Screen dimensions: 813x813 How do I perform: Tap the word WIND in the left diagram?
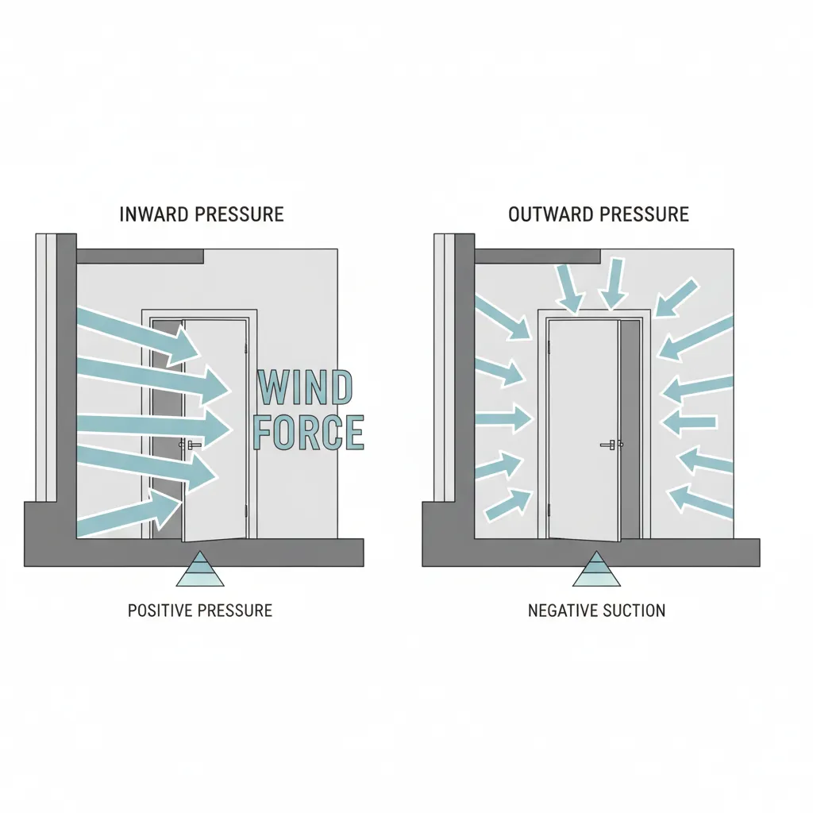[304, 389]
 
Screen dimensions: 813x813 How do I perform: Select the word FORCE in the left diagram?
[308, 433]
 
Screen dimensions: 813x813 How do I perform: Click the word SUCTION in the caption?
[636, 611]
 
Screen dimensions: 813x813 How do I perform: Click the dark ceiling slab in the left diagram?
[140, 256]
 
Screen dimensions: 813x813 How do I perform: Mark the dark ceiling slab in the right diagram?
[537, 256]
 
